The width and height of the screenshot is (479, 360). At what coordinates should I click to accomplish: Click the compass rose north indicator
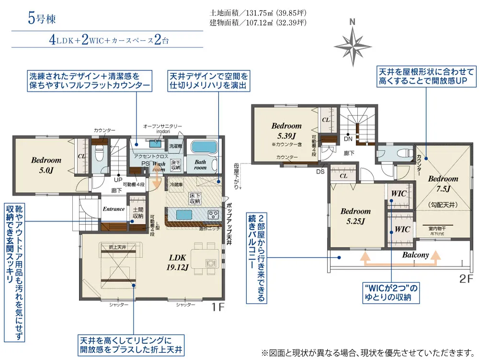coord(353,44)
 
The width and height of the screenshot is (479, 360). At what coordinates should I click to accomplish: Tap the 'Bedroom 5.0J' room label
coord(46,164)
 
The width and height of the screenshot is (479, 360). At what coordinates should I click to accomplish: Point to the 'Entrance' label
coord(114,209)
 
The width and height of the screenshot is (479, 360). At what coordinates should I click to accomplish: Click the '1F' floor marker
coord(218,307)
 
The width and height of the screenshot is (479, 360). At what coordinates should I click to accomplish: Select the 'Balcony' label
coord(415,255)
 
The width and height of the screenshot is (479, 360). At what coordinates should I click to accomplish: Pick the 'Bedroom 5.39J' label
coord(286,130)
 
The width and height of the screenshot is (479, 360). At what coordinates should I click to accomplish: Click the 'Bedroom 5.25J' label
coord(355,215)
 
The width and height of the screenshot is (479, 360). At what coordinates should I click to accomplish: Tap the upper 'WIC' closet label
coord(399,194)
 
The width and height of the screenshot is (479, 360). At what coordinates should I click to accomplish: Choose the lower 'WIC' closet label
coord(402,229)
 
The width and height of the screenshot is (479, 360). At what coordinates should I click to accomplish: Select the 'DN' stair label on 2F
coord(349,139)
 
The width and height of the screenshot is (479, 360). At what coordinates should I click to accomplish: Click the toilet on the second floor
coord(400,154)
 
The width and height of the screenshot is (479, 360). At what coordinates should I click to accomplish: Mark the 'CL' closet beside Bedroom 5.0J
coord(81,156)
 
